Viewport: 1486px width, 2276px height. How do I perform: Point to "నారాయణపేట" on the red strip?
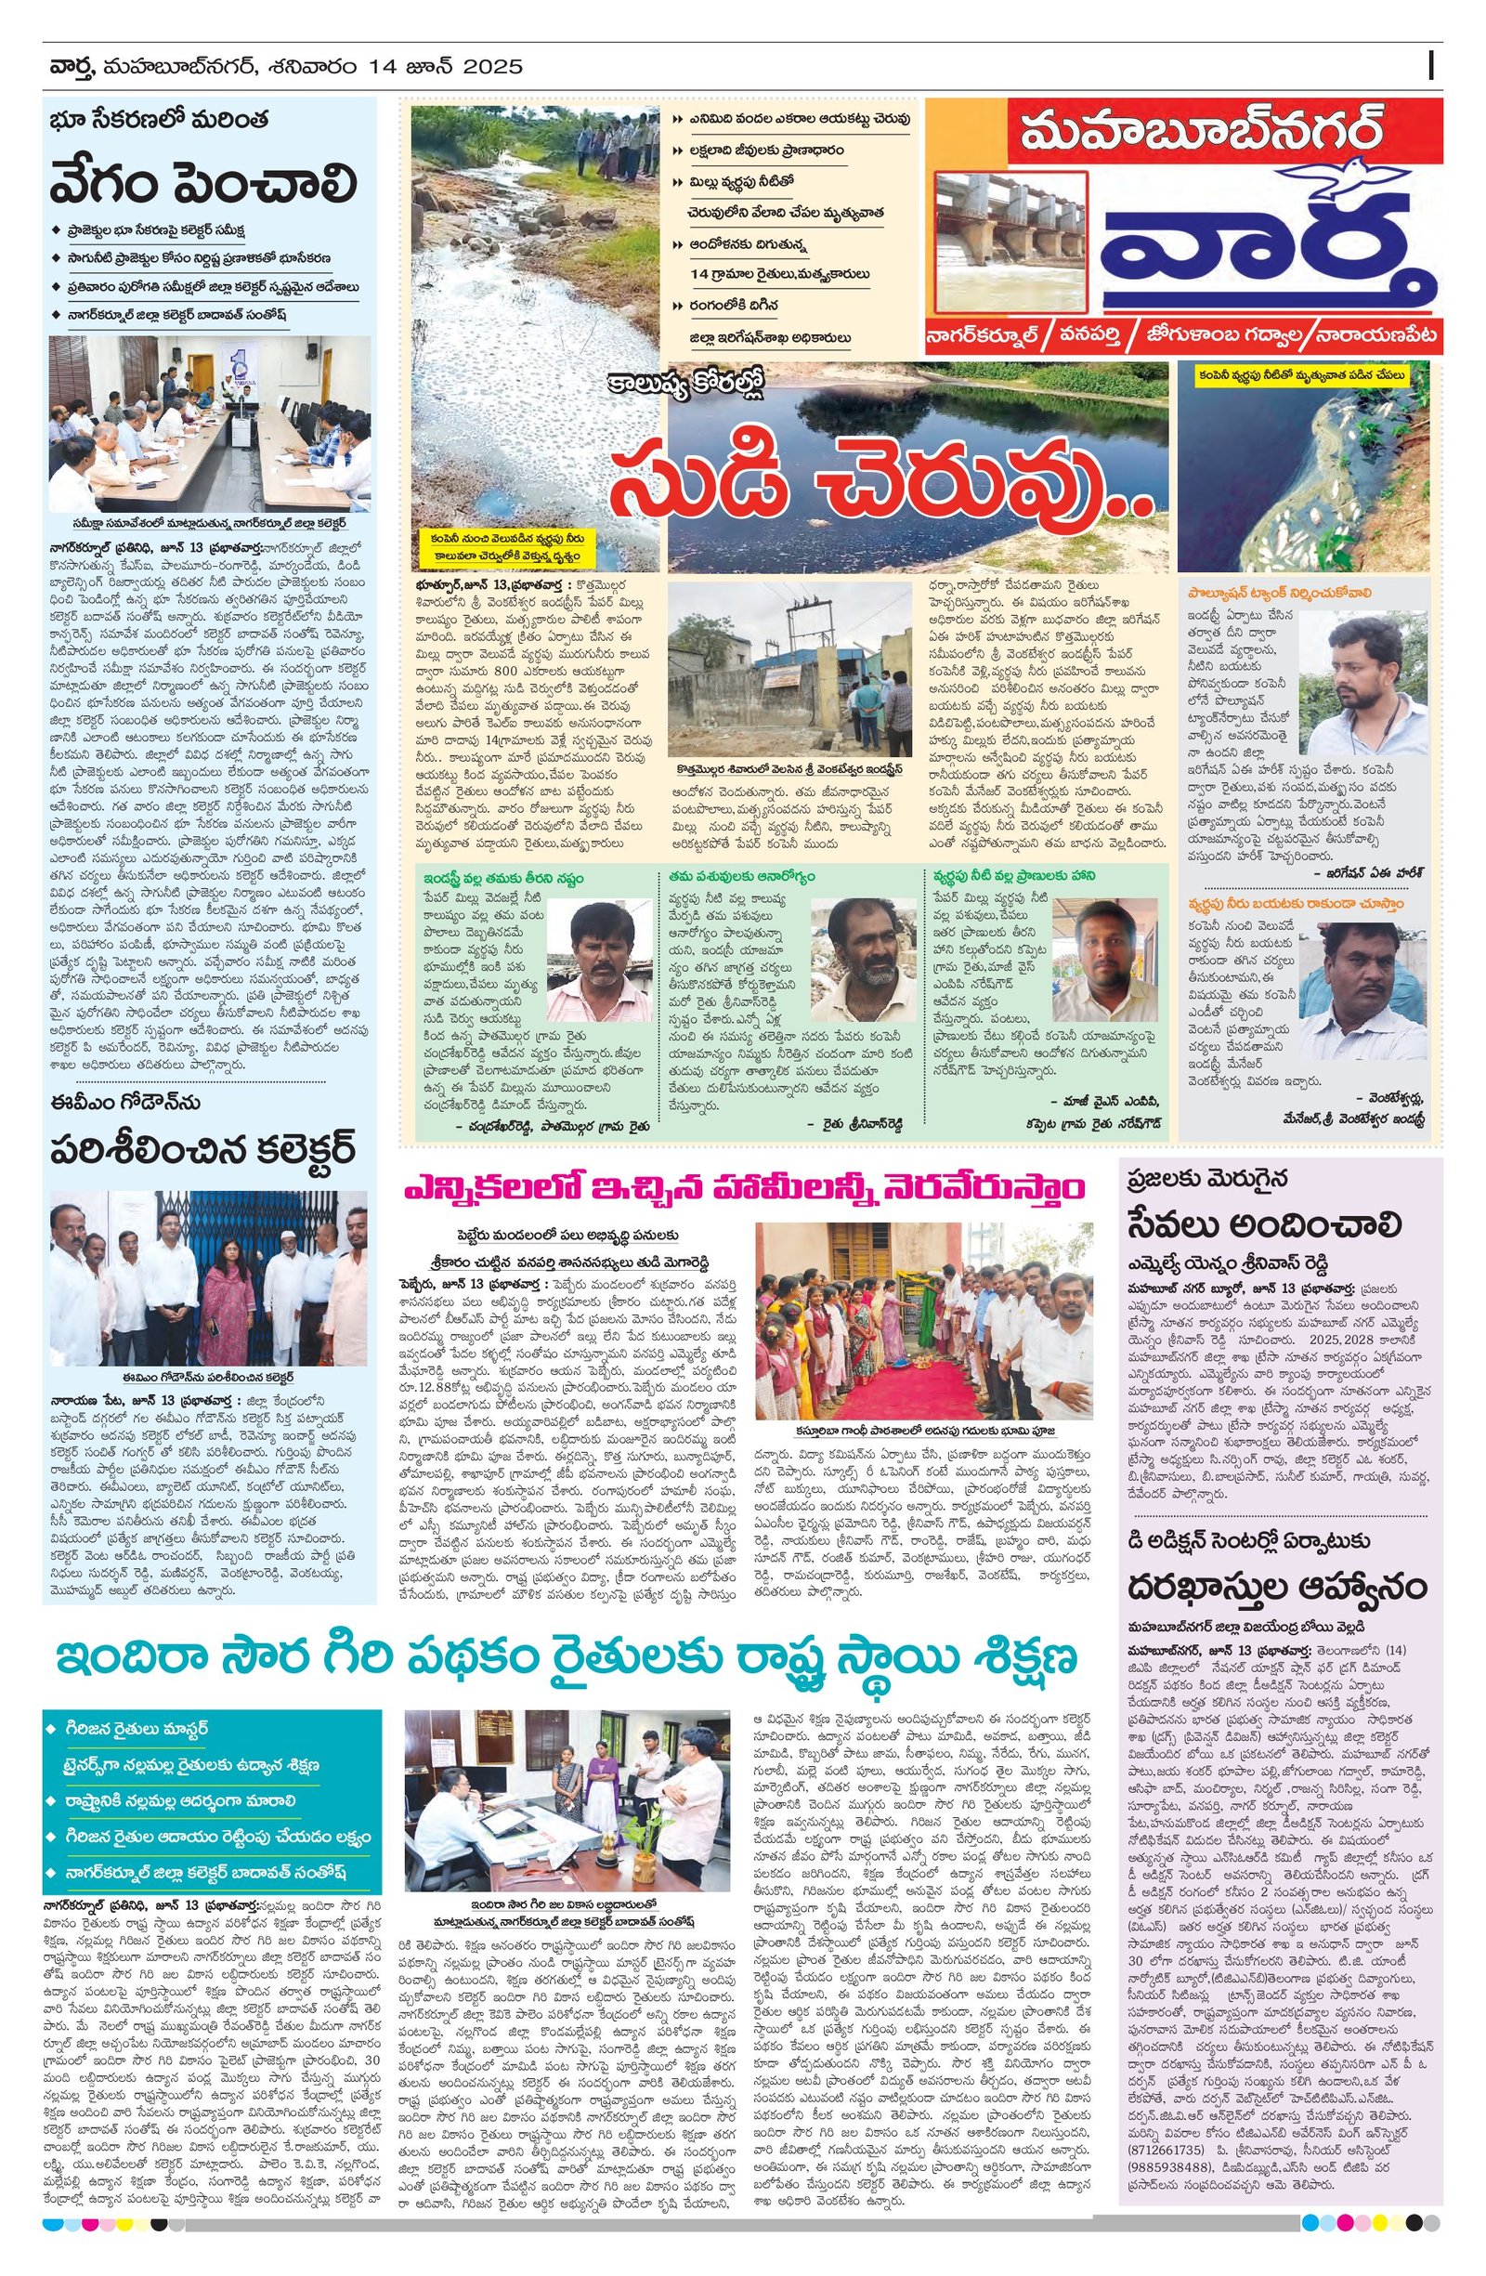tap(1376, 335)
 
